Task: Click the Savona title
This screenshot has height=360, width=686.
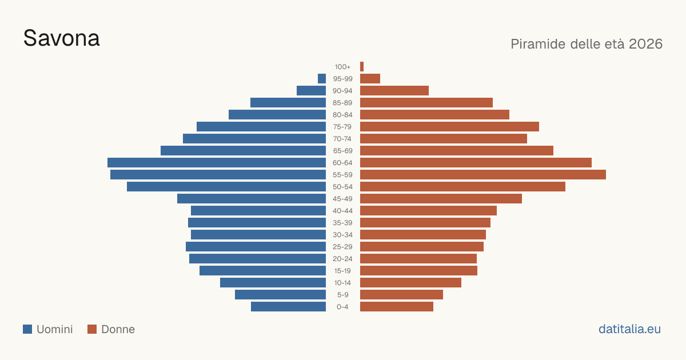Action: pyautogui.click(x=62, y=39)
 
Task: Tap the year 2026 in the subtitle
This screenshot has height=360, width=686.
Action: pyautogui.click(x=645, y=44)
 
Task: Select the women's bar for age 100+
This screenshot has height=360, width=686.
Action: pyautogui.click(x=362, y=67)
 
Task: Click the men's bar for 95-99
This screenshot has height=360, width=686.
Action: pyautogui.click(x=322, y=79)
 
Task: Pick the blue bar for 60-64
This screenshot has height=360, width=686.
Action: pyautogui.click(x=217, y=162)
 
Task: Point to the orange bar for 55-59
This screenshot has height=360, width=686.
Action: pyautogui.click(x=483, y=174)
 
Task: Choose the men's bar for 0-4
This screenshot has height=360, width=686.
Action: pyautogui.click(x=289, y=306)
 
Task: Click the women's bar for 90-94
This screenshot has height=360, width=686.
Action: pyautogui.click(x=394, y=91)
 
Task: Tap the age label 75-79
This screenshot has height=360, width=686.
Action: pyautogui.click(x=342, y=127)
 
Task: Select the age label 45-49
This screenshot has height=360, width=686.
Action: pyautogui.click(x=342, y=199)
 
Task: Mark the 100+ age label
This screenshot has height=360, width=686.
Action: pyautogui.click(x=342, y=67)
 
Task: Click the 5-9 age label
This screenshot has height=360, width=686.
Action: pyautogui.click(x=342, y=295)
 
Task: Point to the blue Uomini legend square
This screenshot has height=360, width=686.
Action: pyautogui.click(x=27, y=329)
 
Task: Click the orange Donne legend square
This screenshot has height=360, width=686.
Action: pyautogui.click(x=92, y=329)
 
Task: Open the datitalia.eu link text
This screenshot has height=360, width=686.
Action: pyautogui.click(x=629, y=329)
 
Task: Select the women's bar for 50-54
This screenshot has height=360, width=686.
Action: pyautogui.click(x=462, y=187)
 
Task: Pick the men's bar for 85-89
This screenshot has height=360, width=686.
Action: pyautogui.click(x=288, y=102)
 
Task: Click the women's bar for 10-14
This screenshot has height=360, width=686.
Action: pyautogui.click(x=410, y=282)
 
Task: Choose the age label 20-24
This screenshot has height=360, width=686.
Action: pyautogui.click(x=342, y=259)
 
